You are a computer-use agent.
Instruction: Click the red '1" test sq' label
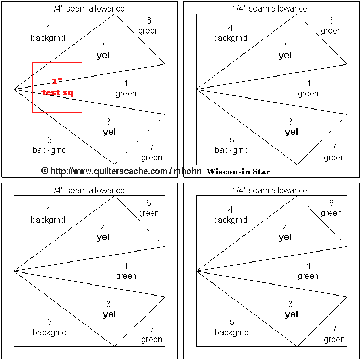(x=57, y=88)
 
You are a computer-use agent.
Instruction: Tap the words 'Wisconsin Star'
(x=238, y=171)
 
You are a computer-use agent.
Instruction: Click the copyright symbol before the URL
(x=45, y=171)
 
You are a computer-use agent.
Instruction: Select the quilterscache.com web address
(x=109, y=171)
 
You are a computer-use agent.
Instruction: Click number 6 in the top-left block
(x=148, y=20)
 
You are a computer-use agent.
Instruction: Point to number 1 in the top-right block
(x=309, y=83)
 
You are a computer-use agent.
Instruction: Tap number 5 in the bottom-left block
(x=49, y=322)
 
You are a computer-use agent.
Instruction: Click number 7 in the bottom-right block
(x=334, y=329)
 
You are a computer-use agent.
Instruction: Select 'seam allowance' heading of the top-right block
(x=278, y=9)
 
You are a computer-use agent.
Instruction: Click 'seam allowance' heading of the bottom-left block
(x=95, y=190)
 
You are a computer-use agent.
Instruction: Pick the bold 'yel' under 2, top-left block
(x=103, y=56)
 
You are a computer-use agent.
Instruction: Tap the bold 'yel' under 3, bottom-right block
(x=291, y=314)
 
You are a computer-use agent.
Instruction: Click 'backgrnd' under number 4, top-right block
(x=230, y=38)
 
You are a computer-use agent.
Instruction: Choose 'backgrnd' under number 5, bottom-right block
(x=231, y=332)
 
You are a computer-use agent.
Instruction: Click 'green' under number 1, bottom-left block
(x=126, y=276)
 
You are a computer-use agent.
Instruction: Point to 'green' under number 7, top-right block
(x=334, y=158)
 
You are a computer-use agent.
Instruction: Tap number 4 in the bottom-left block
(x=48, y=210)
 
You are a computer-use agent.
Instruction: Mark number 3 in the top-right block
(x=290, y=122)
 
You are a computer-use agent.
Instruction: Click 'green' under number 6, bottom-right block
(x=331, y=213)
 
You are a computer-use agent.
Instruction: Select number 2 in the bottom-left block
(x=102, y=227)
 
